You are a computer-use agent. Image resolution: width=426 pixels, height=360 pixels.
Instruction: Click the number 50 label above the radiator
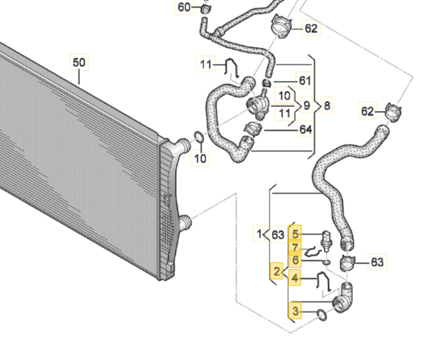coord(79,61)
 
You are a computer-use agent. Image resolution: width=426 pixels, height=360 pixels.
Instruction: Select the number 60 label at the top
coord(184,7)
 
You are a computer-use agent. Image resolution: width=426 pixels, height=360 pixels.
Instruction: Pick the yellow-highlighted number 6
coord(295,260)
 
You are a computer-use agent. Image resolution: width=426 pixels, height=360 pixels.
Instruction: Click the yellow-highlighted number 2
coord(276,273)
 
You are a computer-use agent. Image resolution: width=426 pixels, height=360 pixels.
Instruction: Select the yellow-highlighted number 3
coord(295,309)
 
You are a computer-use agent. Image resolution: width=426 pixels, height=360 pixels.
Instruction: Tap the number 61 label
coord(305,80)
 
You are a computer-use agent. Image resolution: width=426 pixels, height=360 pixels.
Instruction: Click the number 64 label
coord(305,129)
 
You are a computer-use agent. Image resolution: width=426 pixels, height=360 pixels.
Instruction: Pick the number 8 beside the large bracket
coord(327,106)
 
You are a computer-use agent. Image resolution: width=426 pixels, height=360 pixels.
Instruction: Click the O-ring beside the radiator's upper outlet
coord(198,140)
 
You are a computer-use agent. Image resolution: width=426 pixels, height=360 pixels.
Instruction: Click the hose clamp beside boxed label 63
coord(348,261)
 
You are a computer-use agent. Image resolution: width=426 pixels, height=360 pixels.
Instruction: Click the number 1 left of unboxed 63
coord(259,235)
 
